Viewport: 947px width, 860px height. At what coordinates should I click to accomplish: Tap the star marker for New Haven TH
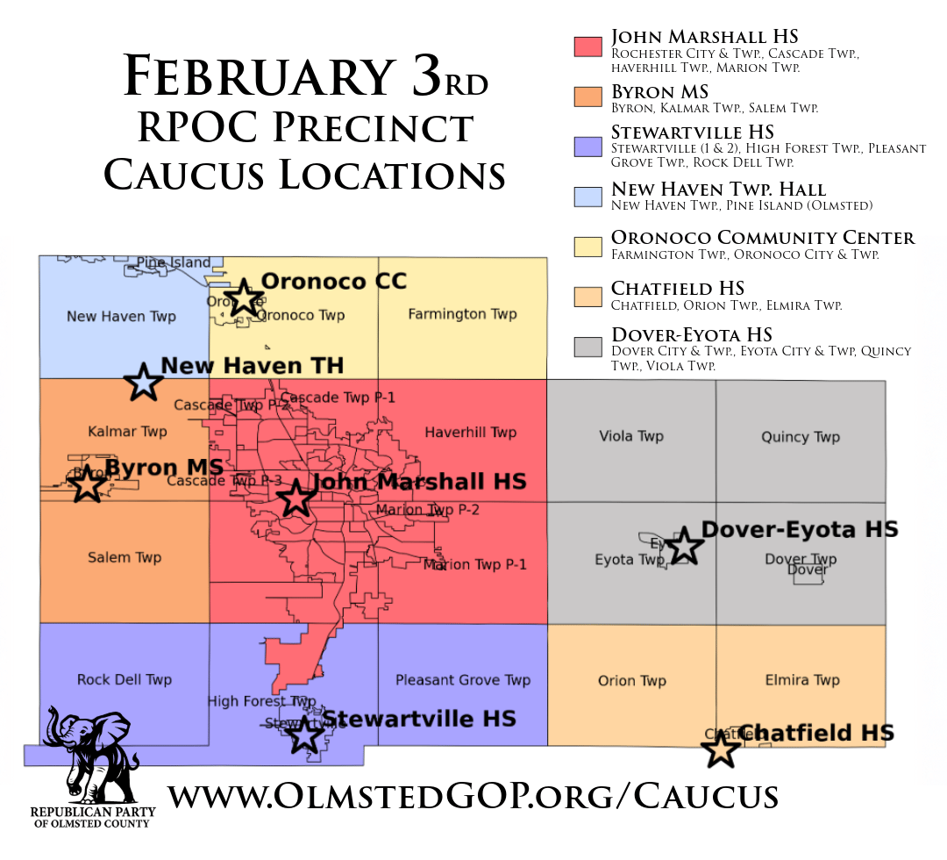coord(144,382)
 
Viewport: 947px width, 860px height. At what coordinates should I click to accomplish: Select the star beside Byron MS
coord(88,484)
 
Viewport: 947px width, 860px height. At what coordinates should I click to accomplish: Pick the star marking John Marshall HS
coord(295,498)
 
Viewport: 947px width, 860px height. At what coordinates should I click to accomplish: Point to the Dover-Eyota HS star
coord(684,546)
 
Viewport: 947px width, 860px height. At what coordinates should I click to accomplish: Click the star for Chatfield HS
coord(722,749)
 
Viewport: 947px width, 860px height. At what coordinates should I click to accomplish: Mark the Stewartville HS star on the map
coord(305,734)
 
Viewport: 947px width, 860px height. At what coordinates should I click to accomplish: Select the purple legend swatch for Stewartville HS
coord(586,145)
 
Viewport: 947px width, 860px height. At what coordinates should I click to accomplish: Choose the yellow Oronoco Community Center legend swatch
coord(586,245)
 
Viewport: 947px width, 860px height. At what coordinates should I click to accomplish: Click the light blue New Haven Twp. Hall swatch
coord(586,195)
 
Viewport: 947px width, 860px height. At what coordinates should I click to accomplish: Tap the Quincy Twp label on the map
coord(801,437)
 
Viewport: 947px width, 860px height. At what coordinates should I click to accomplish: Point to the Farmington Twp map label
coord(462,314)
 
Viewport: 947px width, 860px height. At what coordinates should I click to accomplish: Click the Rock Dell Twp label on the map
coord(125,679)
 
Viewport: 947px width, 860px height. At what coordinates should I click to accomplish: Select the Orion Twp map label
coord(632,681)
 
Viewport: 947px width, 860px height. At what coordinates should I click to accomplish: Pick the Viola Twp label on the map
coord(631,436)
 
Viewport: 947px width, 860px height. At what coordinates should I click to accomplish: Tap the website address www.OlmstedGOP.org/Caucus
coord(473,796)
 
